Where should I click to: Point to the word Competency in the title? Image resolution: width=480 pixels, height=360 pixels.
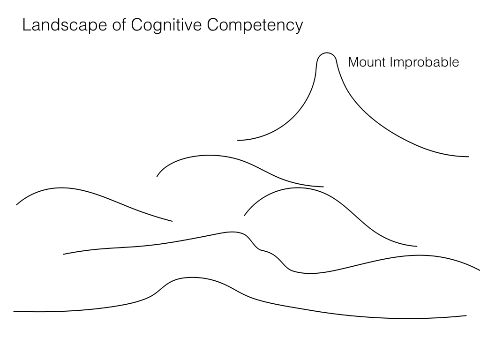click(x=255, y=25)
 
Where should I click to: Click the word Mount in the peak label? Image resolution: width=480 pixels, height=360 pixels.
click(x=367, y=62)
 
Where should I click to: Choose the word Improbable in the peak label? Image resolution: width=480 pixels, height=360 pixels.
click(x=425, y=62)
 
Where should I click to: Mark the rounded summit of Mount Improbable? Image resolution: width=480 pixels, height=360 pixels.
click(x=327, y=53)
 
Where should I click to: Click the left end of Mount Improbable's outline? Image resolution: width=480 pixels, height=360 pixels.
click(x=238, y=140)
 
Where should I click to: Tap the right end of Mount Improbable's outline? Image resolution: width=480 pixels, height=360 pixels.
click(x=468, y=157)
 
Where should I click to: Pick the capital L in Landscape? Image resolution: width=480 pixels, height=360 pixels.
click(x=26, y=25)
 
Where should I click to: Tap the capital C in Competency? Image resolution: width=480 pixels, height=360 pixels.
click(x=213, y=25)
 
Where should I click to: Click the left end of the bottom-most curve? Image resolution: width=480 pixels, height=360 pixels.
click(x=14, y=311)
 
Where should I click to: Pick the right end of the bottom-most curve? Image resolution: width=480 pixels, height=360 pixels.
click(x=466, y=315)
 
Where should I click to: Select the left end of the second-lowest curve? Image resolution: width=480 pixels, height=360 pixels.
click(x=64, y=254)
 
